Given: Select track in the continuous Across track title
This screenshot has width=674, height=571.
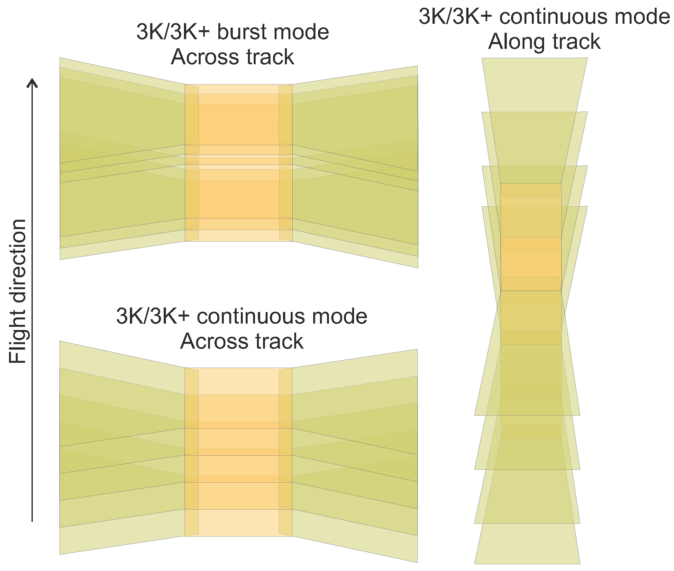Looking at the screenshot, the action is coord(279,341).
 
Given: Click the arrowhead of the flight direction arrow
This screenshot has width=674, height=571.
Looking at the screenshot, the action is coord(32,82).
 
